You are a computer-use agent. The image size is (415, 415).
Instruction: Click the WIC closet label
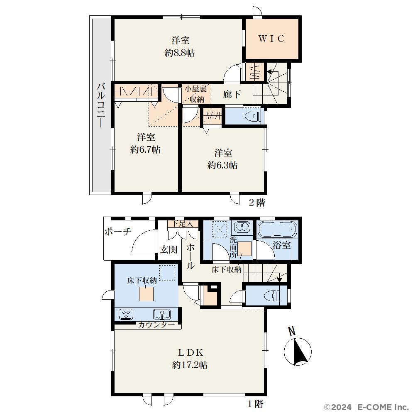271,39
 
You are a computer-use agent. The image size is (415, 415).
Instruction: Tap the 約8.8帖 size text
180,53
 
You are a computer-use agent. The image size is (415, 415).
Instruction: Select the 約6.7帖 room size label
145,150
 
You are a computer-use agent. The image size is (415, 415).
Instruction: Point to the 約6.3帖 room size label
222,166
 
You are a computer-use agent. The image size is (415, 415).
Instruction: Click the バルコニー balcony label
101,105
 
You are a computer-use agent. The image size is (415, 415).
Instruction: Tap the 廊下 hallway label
232,94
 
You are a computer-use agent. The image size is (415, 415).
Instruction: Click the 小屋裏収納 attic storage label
196,94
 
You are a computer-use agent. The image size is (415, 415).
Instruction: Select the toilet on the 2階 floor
253,116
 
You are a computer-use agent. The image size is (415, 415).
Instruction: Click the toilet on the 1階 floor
273,296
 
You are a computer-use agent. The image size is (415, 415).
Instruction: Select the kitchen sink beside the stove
162,314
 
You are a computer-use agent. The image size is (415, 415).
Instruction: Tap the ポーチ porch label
118,232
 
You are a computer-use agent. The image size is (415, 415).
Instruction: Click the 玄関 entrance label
168,249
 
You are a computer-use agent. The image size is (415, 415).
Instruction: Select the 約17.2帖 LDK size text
190,365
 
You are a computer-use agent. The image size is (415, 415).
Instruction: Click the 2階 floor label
257,203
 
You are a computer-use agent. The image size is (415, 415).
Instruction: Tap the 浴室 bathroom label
282,245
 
